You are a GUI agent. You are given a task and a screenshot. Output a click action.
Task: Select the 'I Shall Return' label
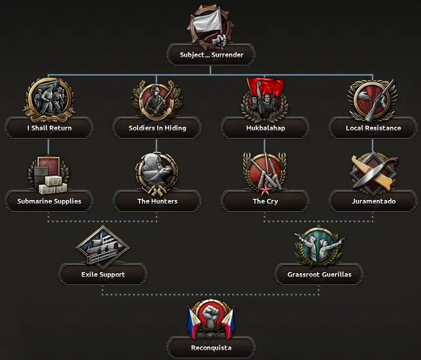click(x=50, y=128)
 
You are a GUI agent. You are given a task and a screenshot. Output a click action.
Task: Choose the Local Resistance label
click(x=373, y=128)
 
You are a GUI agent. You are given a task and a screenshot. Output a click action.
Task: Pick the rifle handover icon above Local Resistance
click(x=373, y=100)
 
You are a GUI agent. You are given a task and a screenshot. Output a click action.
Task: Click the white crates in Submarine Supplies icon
click(x=53, y=185)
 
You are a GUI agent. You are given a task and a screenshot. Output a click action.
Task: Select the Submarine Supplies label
click(x=49, y=202)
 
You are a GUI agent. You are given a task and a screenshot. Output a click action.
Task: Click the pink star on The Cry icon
click(x=265, y=190)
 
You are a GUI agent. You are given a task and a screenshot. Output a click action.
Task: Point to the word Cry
click(x=272, y=202)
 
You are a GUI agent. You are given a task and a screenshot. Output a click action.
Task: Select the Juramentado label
click(x=374, y=202)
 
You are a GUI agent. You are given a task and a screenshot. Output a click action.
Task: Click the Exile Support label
click(x=103, y=274)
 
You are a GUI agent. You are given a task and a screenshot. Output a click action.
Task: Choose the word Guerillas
click(x=337, y=274)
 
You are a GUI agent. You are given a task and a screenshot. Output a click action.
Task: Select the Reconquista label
click(x=211, y=348)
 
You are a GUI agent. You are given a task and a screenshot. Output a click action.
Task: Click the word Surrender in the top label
click(x=227, y=55)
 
